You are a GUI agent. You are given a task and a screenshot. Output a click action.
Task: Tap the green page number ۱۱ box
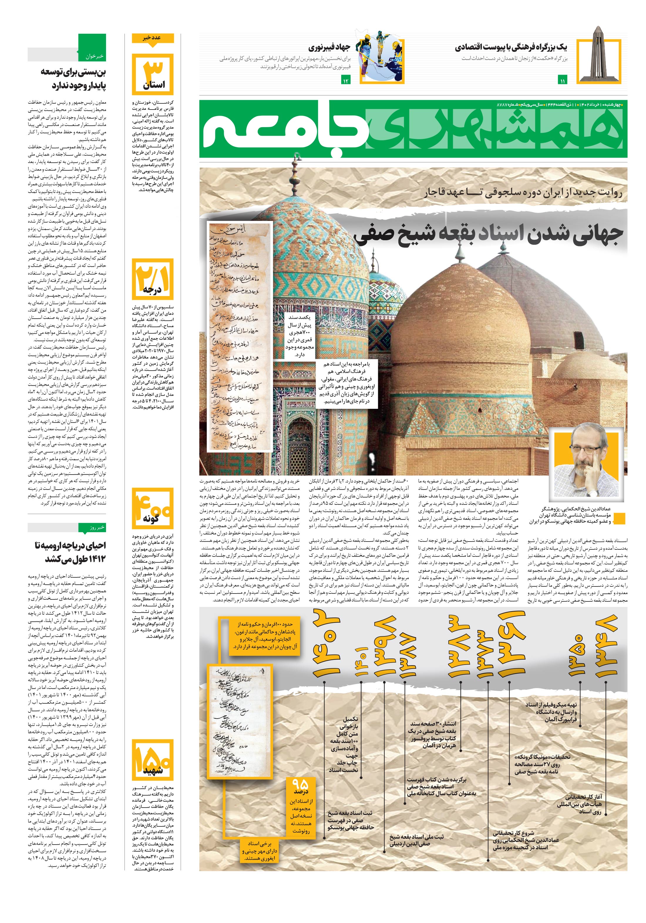pos(562,81)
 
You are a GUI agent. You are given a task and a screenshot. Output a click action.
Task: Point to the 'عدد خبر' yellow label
pos(153,38)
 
